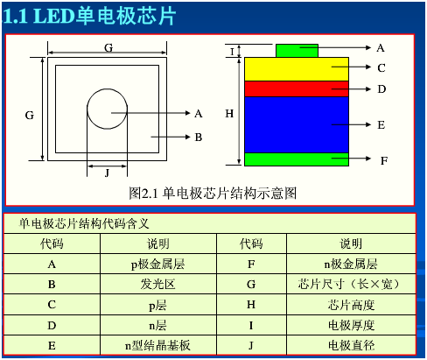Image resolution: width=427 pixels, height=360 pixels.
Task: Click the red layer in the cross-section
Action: [297, 88]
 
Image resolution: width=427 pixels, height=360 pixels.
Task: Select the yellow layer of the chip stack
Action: [297, 69]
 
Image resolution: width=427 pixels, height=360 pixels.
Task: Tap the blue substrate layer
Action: [297, 124]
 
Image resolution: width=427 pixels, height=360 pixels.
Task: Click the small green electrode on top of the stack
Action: [297, 51]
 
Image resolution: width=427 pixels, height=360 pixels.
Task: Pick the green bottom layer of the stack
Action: [297, 159]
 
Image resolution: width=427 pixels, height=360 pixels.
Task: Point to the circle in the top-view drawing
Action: [107, 89]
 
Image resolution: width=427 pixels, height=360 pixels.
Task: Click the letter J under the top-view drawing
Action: [107, 173]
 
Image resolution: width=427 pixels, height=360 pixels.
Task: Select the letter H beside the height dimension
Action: [229, 113]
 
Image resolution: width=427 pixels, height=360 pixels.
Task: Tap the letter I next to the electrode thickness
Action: [232, 52]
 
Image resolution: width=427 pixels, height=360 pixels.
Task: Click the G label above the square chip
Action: [108, 47]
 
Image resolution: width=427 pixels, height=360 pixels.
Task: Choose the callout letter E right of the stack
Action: [381, 125]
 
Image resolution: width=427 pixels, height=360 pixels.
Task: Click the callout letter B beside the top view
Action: [199, 138]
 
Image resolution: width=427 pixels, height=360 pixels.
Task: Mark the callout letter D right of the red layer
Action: [381, 89]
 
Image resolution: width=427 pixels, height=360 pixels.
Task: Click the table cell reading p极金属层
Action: [157, 265]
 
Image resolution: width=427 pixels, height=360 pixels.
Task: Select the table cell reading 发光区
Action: [157, 284]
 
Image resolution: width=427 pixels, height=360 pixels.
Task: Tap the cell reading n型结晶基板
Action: [157, 345]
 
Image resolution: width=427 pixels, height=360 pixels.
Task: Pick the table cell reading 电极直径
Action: [351, 345]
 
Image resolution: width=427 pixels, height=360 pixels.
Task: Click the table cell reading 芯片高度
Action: [351, 305]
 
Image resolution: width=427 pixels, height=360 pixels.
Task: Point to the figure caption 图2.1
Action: [143, 194]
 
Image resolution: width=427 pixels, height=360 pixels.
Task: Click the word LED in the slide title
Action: [54, 16]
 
